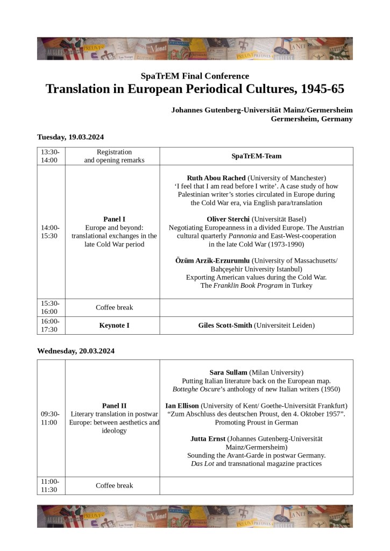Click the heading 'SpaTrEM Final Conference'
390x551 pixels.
[x=195, y=76]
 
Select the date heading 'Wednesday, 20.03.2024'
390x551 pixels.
[x=75, y=351]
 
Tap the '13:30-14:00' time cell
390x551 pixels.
[x=51, y=156]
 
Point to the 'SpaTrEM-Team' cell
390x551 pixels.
[x=256, y=156]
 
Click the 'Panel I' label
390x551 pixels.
[x=114, y=219]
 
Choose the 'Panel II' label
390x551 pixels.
[x=114, y=405]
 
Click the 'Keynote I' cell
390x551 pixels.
[x=114, y=325]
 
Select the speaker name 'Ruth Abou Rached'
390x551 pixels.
[x=216, y=178]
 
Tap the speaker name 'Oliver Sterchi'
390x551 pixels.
[x=228, y=219]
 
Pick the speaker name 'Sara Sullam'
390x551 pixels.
[x=228, y=372]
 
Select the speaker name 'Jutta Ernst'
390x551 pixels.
[x=208, y=439]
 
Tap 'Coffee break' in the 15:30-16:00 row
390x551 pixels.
[x=114, y=308]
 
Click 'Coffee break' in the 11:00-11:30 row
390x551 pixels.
[x=114, y=485]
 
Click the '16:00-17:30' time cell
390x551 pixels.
[x=51, y=325]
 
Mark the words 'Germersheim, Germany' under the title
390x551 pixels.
[x=311, y=119]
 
